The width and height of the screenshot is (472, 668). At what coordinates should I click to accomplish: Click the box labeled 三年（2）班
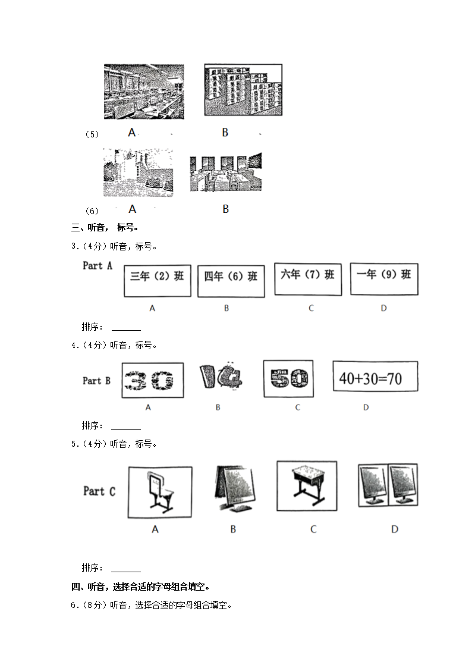click(x=158, y=281)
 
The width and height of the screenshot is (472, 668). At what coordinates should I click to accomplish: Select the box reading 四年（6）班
click(x=231, y=281)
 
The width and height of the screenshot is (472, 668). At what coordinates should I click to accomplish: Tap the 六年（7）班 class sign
click(x=308, y=278)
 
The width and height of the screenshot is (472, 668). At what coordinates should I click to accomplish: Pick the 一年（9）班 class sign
click(x=383, y=278)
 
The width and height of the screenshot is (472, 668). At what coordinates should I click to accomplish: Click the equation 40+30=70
click(x=375, y=377)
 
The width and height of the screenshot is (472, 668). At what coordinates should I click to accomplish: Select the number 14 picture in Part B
click(x=219, y=380)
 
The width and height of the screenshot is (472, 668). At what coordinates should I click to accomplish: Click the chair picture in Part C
click(x=159, y=493)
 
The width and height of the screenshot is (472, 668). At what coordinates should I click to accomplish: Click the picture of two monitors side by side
click(x=388, y=485)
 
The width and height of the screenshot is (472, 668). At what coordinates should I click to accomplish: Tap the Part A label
click(x=97, y=266)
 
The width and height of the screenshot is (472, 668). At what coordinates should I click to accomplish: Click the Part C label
click(x=99, y=491)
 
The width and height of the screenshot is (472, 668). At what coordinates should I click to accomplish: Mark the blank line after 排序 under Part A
click(x=126, y=327)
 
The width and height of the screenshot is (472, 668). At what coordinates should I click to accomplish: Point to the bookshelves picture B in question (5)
click(x=243, y=90)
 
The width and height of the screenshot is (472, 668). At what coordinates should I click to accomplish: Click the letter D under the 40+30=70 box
click(x=366, y=407)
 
